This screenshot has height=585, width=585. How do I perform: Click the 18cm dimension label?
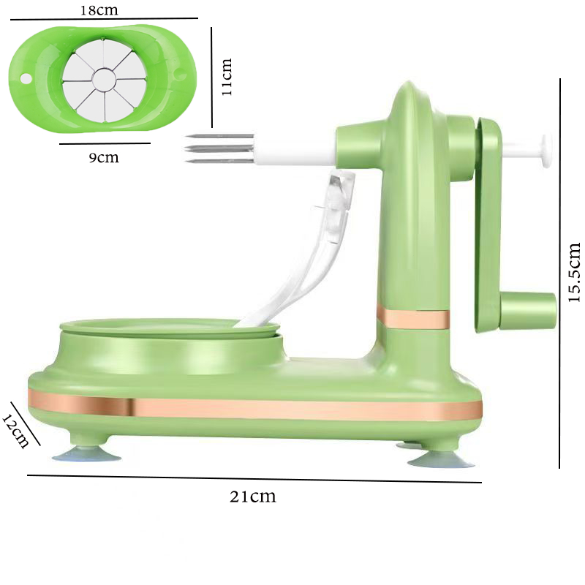click(99, 10)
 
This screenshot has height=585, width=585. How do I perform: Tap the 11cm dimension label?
click(227, 77)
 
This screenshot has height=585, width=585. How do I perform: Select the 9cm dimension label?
click(104, 157)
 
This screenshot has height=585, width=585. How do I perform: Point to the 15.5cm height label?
click(574, 272)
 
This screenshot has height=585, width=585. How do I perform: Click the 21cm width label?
click(253, 497)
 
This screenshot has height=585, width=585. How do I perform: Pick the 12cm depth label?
click(15, 431)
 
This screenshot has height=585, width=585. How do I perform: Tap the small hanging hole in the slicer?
click(26, 78)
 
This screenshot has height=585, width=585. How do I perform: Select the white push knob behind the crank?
click(546, 151)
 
